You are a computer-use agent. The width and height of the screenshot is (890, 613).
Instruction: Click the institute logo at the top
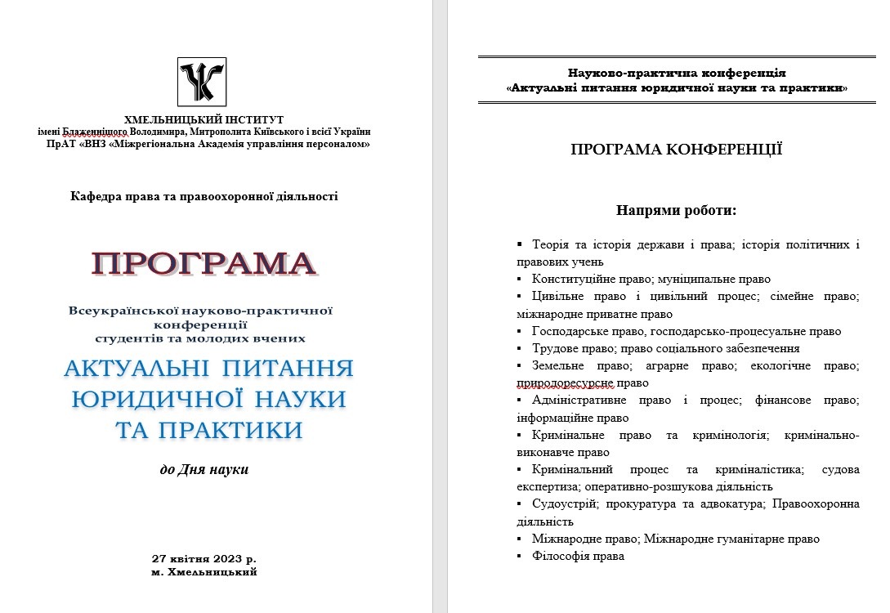point(203,83)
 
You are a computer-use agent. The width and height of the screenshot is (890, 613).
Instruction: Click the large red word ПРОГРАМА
point(203,263)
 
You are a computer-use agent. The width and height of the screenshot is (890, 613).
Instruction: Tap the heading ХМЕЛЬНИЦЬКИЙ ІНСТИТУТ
point(203,119)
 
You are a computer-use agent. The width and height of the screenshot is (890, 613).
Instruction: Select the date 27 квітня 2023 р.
point(204,559)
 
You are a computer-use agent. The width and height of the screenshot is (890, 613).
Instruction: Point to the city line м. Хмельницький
point(204,572)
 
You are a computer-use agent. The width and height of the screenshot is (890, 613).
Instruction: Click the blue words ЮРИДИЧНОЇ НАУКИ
point(208,399)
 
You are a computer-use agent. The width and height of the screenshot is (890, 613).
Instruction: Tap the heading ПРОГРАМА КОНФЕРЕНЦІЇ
point(676,150)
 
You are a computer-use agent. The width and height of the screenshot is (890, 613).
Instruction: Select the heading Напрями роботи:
point(676,211)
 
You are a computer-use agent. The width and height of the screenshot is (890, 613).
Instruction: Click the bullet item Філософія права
point(578,556)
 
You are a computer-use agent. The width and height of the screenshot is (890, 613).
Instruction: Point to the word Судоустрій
point(561,504)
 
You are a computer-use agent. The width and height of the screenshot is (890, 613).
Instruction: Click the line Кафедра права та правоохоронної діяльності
point(203,195)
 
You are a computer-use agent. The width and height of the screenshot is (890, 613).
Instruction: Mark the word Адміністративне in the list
point(579,400)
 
